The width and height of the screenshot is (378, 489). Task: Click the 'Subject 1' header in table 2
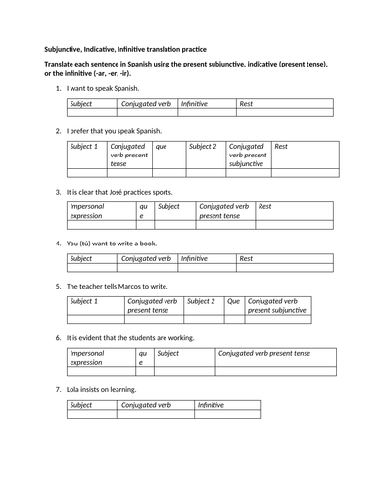point(84,147)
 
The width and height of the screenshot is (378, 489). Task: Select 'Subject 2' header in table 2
point(203,147)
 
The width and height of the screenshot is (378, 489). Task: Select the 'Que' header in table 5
point(233,302)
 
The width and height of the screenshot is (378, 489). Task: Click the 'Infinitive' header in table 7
point(211,405)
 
